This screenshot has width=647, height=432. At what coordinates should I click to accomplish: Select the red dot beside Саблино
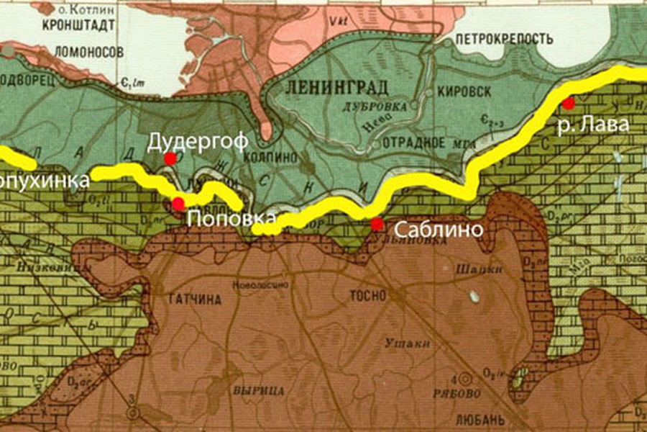click(x=377, y=224)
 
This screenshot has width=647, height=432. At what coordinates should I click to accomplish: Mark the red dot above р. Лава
click(x=568, y=104)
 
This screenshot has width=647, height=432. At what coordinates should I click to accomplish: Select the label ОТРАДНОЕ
click(x=413, y=141)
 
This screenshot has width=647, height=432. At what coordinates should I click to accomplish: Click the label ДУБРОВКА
click(x=384, y=107)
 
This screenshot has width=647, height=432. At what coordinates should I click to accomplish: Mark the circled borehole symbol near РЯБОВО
click(x=467, y=377)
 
